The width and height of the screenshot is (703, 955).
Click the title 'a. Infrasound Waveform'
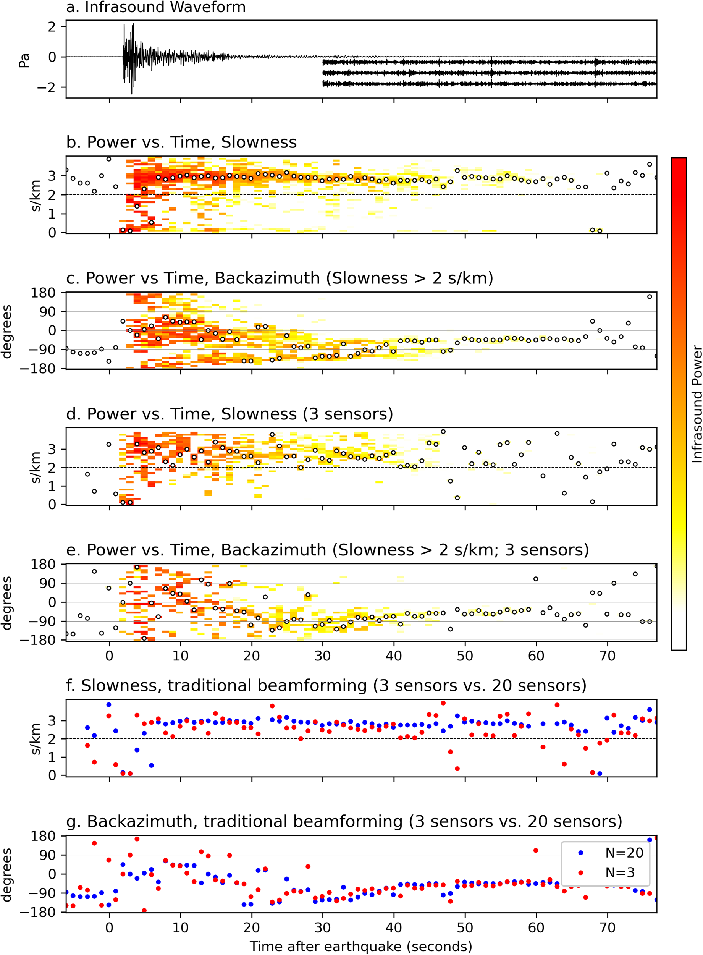[156, 7]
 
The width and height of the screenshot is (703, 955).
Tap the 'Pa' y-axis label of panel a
[24, 60]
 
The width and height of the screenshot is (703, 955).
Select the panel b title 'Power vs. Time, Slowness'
[181, 142]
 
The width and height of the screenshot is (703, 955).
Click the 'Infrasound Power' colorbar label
[696, 404]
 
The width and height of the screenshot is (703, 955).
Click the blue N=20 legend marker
[580, 853]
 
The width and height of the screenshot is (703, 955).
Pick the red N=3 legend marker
[580, 872]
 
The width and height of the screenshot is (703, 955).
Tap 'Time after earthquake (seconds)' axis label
[361, 946]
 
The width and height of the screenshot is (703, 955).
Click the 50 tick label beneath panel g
[465, 927]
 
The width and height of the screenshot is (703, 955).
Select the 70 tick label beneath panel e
[607, 656]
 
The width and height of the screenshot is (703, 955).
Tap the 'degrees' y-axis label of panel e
[6, 603]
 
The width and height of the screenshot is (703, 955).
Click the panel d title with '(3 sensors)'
[229, 414]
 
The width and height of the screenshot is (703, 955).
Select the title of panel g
[344, 821]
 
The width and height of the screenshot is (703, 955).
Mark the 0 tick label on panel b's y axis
[52, 233]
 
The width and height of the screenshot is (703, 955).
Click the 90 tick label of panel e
[48, 583]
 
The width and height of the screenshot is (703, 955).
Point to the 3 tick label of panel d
[52, 449]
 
